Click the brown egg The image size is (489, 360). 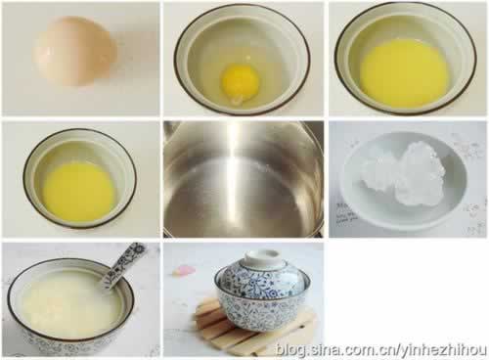tap(74, 52)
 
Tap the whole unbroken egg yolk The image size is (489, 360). tap(241, 80)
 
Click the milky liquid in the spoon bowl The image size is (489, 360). tap(67, 305)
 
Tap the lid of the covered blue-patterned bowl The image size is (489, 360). tap(262, 273)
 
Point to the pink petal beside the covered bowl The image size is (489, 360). tap(184, 270)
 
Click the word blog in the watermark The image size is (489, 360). tap(290, 349)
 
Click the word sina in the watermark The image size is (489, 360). tap(325, 349)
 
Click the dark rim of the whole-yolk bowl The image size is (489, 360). tap(242, 7)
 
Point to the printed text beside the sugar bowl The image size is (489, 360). tap(345, 212)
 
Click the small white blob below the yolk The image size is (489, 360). tap(238, 99)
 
